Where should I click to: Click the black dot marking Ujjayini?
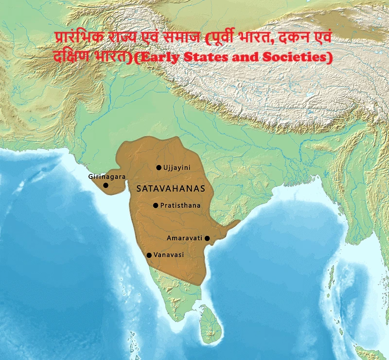(159, 168)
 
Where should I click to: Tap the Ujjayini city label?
(177, 168)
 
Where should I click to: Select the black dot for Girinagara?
(106, 185)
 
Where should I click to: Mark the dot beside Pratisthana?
(156, 206)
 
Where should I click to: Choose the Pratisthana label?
(180, 206)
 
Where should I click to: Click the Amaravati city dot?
(207, 238)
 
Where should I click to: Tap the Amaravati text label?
(185, 238)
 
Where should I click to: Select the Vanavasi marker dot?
(149, 255)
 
